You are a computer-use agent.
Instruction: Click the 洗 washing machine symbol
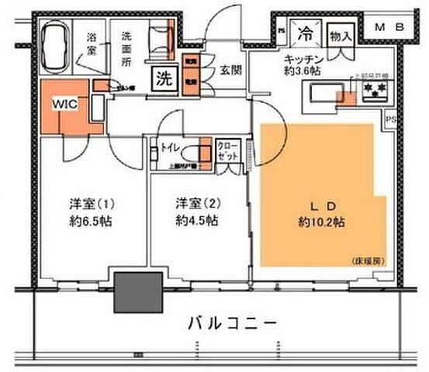point(164,78)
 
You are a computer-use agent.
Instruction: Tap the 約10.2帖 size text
point(323,222)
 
